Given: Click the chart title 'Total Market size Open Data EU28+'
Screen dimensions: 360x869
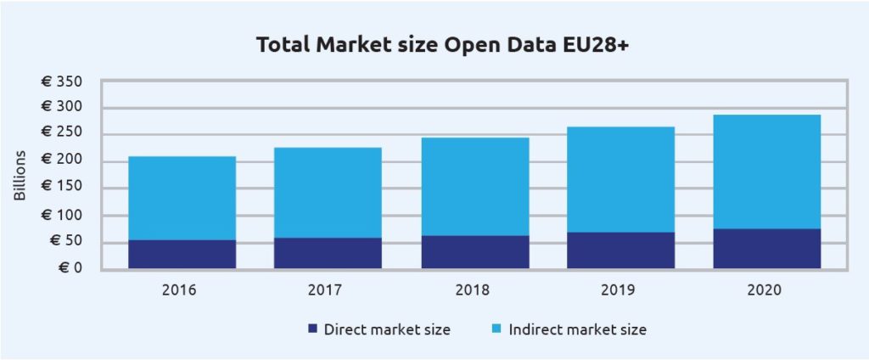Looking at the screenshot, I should (434, 46).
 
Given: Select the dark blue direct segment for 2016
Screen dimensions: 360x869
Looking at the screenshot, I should (182, 254).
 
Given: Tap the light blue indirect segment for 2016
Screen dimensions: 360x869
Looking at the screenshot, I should (182, 198).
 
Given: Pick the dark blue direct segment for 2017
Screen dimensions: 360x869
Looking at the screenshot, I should (328, 253).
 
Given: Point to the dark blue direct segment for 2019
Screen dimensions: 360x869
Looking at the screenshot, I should (620, 250).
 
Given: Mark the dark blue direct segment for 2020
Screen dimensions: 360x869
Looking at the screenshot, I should (766, 248).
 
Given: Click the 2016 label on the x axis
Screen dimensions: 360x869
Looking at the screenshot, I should (179, 290).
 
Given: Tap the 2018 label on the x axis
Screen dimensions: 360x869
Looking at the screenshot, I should (472, 290).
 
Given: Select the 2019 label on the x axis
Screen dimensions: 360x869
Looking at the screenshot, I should (619, 290).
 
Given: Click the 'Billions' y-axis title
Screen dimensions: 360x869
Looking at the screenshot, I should (20, 176).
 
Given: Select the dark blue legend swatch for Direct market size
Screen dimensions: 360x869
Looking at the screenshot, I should (311, 328).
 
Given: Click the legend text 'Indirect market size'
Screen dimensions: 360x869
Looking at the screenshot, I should (577, 328).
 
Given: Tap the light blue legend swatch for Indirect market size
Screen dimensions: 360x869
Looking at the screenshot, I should (496, 328).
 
